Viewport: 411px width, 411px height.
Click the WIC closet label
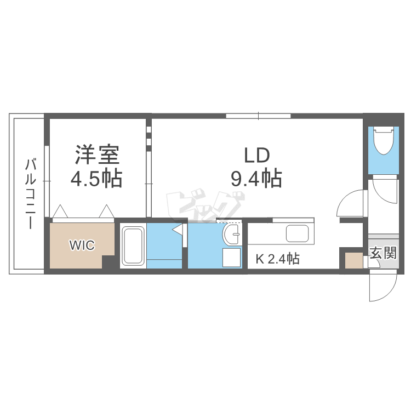pos(82,245)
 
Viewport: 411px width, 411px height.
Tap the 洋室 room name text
pos(98,155)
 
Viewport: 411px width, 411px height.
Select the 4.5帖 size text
pos(96,179)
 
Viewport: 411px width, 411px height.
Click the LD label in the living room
pos(256,155)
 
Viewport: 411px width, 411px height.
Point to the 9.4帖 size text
pos(256,179)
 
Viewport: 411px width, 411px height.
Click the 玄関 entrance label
pos(383,253)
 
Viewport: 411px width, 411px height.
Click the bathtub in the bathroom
pos(132,246)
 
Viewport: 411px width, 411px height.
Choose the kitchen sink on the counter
pos(299,234)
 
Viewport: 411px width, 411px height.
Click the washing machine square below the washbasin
pos(231,258)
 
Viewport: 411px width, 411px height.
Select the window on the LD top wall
pos(258,116)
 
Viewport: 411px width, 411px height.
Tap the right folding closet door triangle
pos(106,212)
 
